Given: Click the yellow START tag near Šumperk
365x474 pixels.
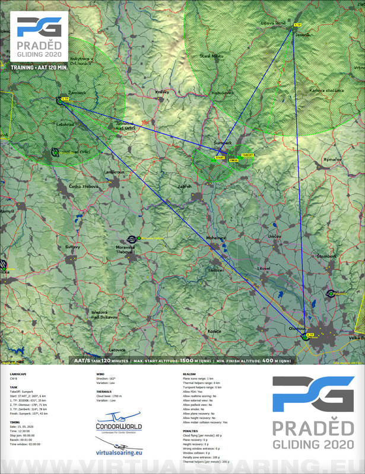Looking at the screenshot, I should click(220, 158).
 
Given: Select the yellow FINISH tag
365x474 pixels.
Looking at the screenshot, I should click(233, 160).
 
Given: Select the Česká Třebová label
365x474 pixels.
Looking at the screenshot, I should click(83, 187).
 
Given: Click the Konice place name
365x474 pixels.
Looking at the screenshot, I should click(214, 331).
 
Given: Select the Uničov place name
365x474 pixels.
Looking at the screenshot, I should click(274, 236).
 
